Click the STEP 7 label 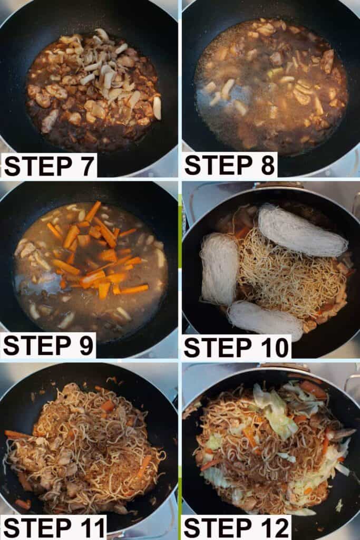[x=49, y=166]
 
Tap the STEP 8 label [x=230, y=165]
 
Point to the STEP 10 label [x=237, y=347]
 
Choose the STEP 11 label [x=54, y=527]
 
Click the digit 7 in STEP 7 [x=86, y=166]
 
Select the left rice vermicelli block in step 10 [x=219, y=268]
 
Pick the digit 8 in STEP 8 [x=268, y=165]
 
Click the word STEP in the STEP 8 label [x=216, y=165]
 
